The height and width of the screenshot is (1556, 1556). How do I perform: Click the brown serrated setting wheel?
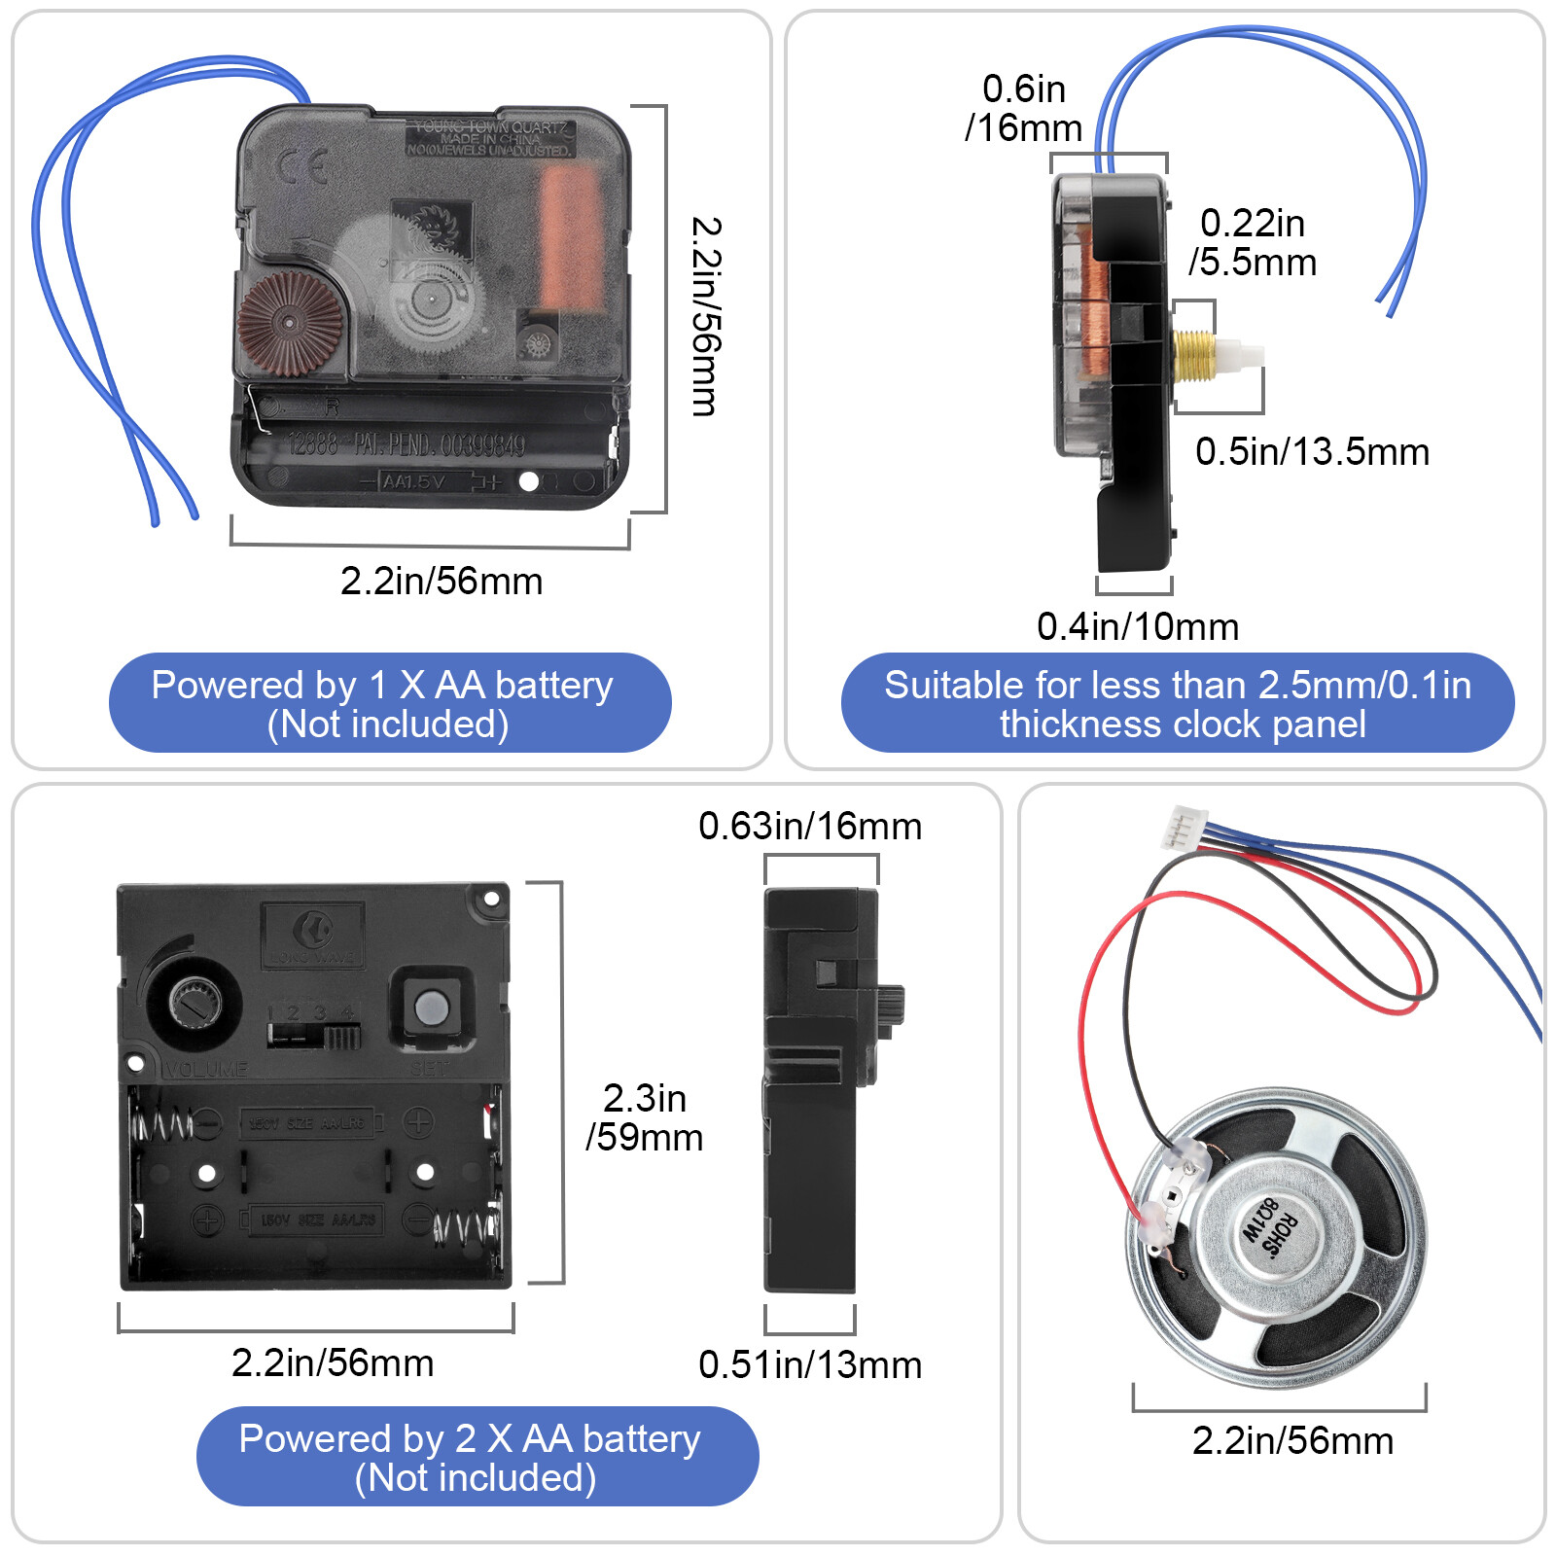pyautogui.click(x=289, y=323)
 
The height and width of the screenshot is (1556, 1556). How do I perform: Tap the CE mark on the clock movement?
pyautogui.click(x=302, y=167)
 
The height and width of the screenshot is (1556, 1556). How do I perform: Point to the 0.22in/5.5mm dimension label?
pyautogui.click(x=1253, y=243)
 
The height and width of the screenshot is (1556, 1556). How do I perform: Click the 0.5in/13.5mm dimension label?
pyautogui.click(x=1311, y=452)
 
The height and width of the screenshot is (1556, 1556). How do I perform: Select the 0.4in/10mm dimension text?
pyautogui.click(x=1137, y=627)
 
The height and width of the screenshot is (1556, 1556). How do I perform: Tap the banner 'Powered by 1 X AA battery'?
pyautogui.click(x=390, y=703)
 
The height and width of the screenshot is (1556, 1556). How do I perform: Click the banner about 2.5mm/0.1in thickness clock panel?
pyautogui.click(x=1177, y=703)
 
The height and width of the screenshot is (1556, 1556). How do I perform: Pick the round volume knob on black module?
pyautogui.click(x=194, y=1003)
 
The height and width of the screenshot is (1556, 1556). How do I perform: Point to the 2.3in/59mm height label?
pyautogui.click(x=644, y=1117)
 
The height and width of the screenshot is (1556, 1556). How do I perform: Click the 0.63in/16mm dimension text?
pyautogui.click(x=809, y=827)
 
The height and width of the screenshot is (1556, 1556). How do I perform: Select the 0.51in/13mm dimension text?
pyautogui.click(x=809, y=1365)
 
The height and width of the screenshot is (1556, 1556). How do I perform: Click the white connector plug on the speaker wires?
pyautogui.click(x=1183, y=829)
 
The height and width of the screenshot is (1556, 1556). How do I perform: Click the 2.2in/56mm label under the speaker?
pyautogui.click(x=1291, y=1441)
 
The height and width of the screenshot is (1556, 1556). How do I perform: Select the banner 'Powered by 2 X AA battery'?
pyautogui.click(x=477, y=1457)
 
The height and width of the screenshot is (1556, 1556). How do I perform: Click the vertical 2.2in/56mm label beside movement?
pyautogui.click(x=705, y=317)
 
